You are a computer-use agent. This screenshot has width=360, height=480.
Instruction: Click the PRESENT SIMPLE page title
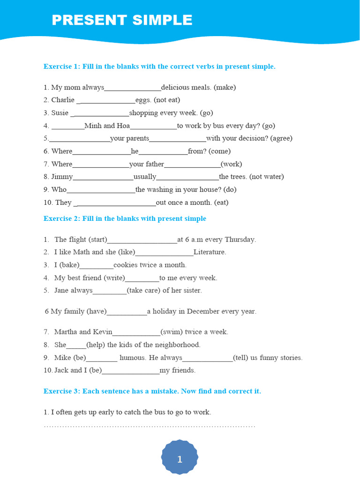[122, 20]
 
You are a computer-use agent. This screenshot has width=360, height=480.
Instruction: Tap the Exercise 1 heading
[159, 67]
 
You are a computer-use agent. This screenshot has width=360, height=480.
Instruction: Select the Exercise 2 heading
[125, 218]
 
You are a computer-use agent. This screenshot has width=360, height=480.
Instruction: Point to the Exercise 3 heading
[152, 391]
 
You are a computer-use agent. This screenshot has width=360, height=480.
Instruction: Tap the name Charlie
[63, 100]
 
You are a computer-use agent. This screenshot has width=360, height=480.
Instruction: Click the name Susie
[60, 113]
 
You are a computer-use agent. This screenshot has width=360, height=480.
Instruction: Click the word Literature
[210, 252]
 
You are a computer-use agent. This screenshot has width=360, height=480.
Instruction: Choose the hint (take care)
[143, 291]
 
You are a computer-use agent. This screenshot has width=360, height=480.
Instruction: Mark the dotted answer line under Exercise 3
[149, 426]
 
